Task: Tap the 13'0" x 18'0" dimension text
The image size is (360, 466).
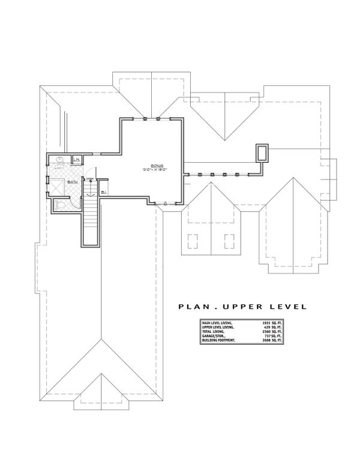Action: tap(158, 170)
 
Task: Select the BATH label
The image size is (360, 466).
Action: tap(71, 181)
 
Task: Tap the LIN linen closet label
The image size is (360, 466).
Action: tap(77, 159)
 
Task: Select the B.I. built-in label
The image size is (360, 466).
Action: tap(103, 192)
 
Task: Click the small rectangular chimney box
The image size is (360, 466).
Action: tap(262, 153)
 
